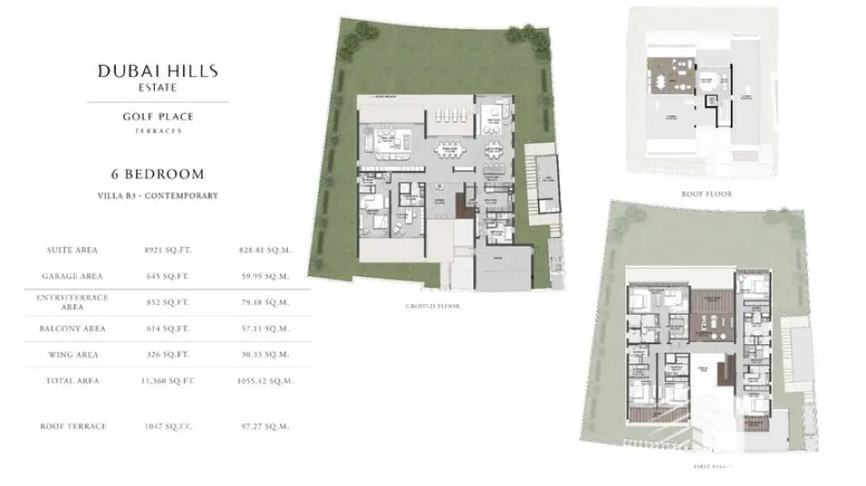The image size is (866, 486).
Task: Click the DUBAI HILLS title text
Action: coord(158,70)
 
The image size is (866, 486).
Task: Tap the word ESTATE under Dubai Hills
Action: coord(158,85)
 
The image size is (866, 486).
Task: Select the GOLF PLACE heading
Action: coord(158,117)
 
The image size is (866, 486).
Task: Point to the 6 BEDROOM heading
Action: coord(158,174)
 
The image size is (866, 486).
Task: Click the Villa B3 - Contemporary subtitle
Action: coord(158,195)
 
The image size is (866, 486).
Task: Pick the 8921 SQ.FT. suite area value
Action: coord(167,250)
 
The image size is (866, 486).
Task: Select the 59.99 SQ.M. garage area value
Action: coord(264,275)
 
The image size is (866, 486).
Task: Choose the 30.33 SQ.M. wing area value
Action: coord(264,355)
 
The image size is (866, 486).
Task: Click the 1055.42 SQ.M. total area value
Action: coord(265,381)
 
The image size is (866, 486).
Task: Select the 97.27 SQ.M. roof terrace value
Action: coord(264,426)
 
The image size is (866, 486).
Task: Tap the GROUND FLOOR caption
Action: coord(432,306)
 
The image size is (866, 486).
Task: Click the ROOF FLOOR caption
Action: coord(707,193)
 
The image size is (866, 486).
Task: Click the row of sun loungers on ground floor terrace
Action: coord(451,115)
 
